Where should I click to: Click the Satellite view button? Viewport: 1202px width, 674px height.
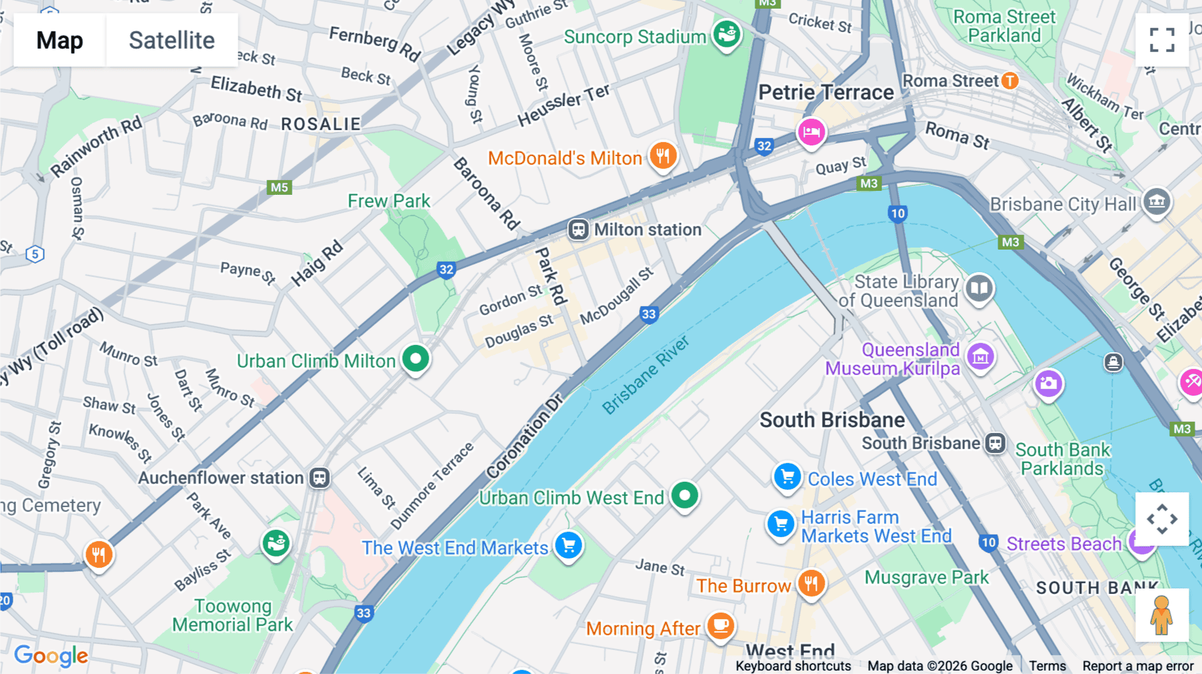(x=172, y=40)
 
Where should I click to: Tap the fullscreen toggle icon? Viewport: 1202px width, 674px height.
(x=1162, y=40)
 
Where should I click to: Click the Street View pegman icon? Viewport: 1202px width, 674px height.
(x=1161, y=615)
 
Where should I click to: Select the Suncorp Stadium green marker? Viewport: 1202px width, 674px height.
(x=727, y=33)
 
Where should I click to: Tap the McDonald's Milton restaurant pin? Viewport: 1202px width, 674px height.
(x=662, y=156)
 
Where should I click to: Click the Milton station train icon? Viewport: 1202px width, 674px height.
(x=578, y=230)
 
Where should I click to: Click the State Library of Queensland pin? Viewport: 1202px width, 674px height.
(x=979, y=288)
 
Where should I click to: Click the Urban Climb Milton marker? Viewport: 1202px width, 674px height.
(x=415, y=359)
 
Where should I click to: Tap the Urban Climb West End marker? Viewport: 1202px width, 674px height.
(x=684, y=496)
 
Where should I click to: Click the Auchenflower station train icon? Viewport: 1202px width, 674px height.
(x=320, y=478)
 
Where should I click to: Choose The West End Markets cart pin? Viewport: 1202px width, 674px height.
(x=568, y=546)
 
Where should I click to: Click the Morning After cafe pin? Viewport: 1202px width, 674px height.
(x=721, y=625)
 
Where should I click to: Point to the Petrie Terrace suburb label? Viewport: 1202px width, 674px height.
(x=825, y=92)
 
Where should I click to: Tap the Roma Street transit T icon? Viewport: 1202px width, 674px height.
(x=1010, y=81)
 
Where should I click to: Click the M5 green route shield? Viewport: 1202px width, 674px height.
(x=279, y=187)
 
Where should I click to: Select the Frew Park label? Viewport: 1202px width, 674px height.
(x=389, y=201)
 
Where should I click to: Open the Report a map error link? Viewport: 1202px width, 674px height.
(x=1137, y=666)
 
